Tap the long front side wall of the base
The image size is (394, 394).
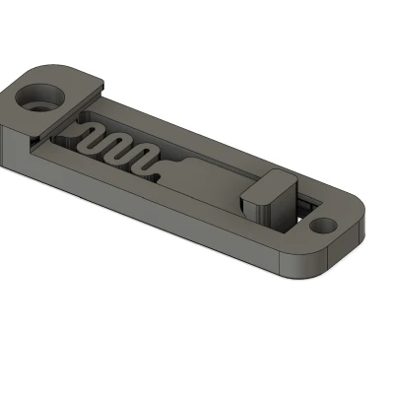pyautogui.click(x=148, y=202)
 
